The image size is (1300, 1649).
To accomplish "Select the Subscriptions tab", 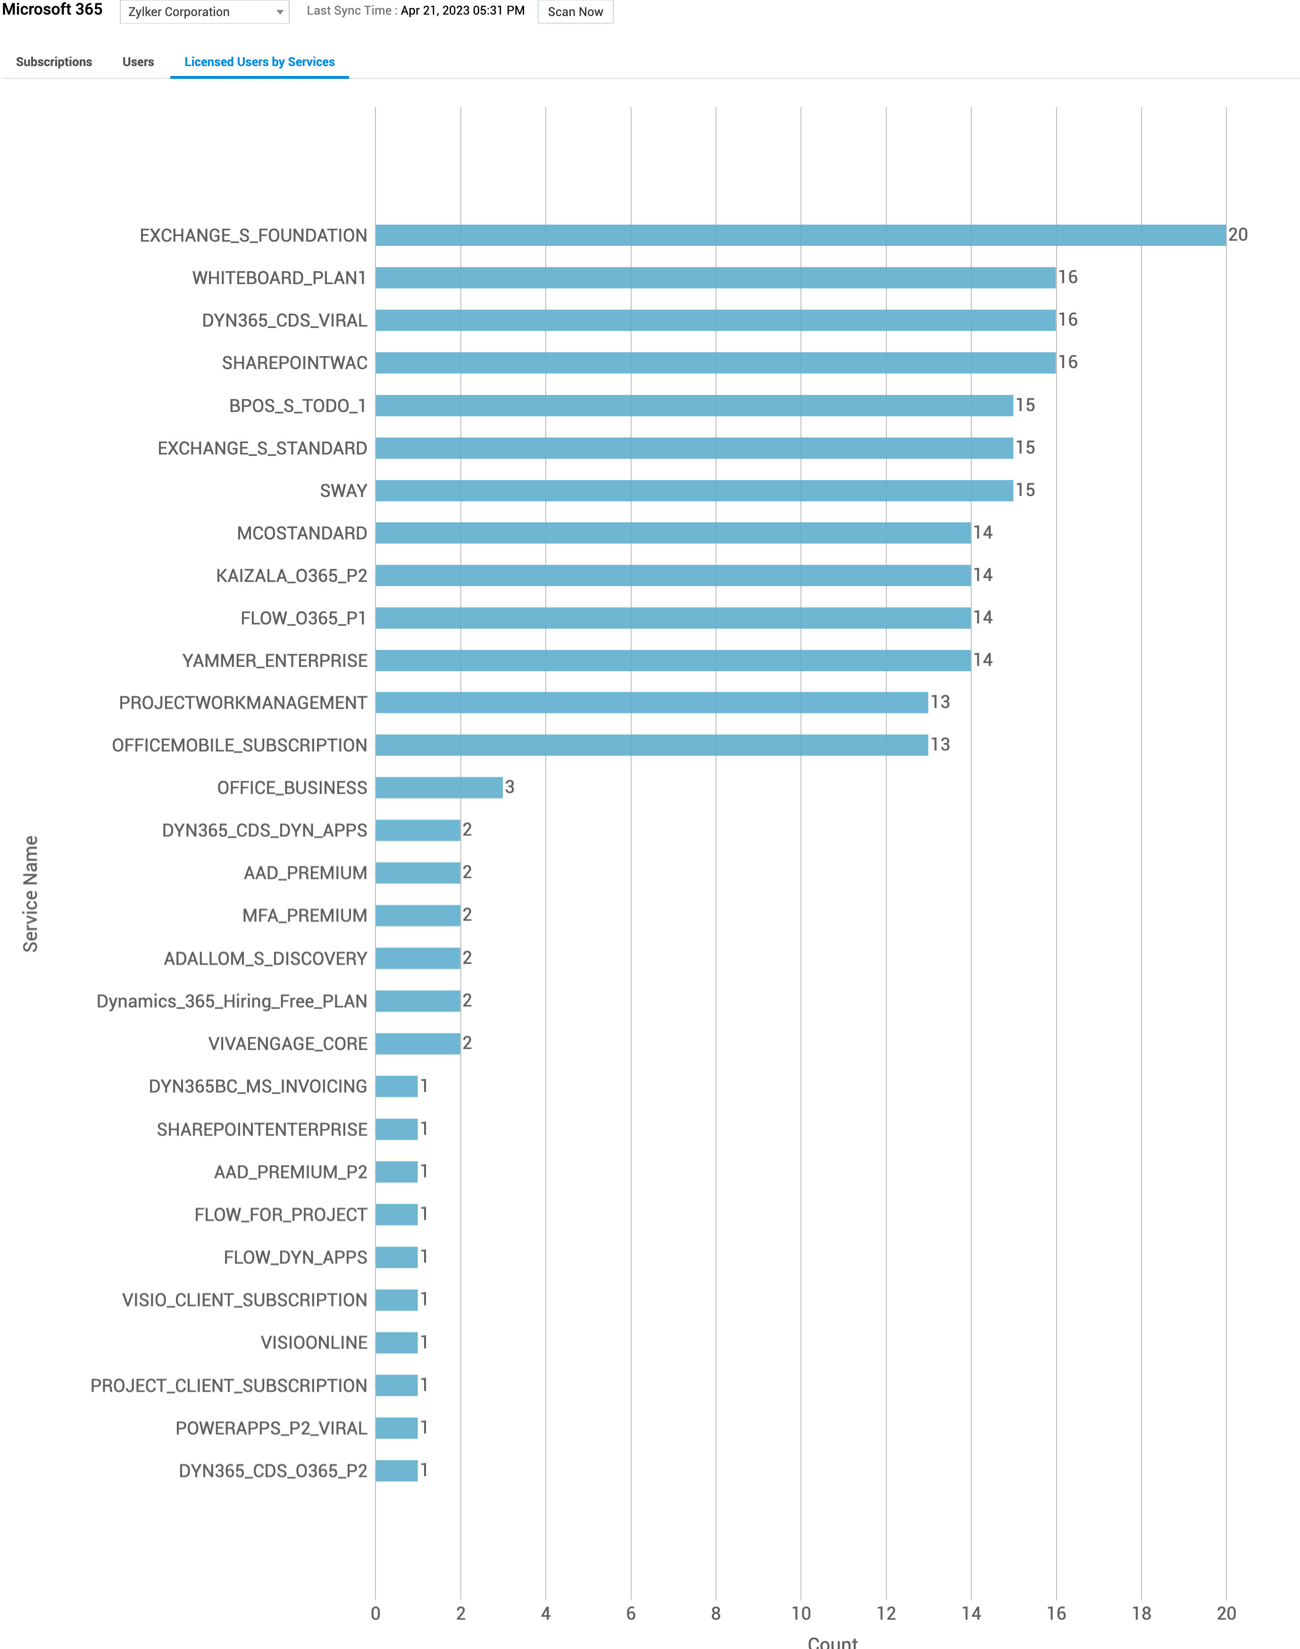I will pos(54,62).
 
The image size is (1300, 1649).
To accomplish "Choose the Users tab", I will pos(138,62).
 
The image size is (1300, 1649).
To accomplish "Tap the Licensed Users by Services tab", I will pos(259,62).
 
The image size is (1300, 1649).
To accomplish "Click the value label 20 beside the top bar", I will pos(1238,235).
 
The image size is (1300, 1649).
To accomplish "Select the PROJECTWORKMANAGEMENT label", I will pos(243,703).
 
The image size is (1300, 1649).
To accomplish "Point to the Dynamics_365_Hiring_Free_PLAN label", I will pos(232,1001).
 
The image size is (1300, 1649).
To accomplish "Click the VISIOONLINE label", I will pos(314,1342).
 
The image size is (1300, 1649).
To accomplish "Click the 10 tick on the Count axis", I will pos(800,1613).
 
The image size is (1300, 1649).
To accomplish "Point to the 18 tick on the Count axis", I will pos(1141,1613).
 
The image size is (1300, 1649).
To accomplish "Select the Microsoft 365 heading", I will pos(52,10).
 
